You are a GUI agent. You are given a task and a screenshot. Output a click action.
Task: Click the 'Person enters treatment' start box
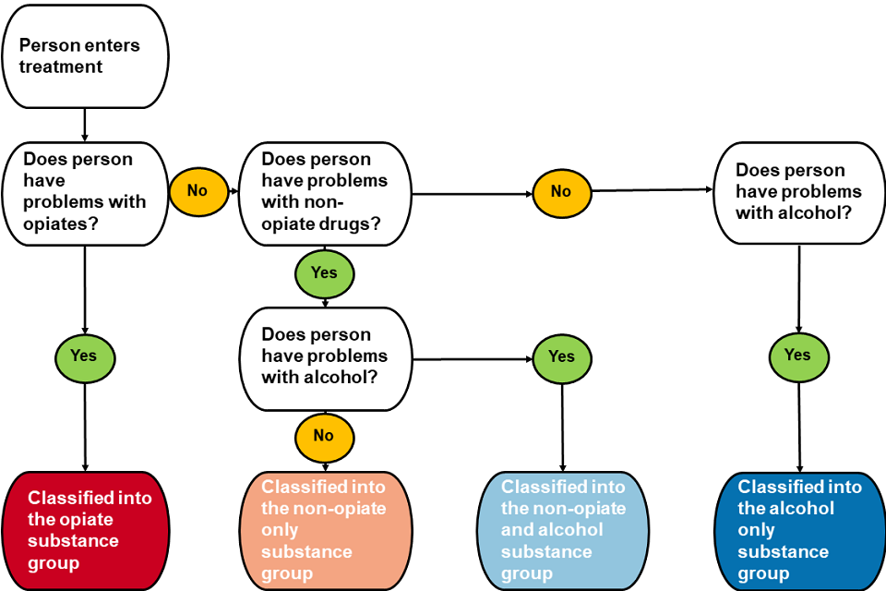click(86, 55)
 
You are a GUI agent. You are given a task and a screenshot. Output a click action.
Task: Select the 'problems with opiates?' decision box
click(86, 193)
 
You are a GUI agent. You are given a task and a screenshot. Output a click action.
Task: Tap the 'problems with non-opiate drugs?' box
click(324, 193)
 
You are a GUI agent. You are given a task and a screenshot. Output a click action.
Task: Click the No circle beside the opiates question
click(197, 191)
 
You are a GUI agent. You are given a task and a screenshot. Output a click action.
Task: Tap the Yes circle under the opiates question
click(85, 356)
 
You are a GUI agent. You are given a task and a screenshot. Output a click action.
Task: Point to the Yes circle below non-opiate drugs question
click(324, 272)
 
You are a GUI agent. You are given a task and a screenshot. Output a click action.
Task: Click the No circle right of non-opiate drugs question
click(561, 191)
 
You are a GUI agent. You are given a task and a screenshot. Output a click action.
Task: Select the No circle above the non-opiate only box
click(323, 435)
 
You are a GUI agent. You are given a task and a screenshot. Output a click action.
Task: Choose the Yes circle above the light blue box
click(561, 356)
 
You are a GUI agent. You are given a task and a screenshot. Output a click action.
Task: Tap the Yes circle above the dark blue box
click(797, 355)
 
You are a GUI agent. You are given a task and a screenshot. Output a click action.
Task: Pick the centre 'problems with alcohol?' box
click(324, 357)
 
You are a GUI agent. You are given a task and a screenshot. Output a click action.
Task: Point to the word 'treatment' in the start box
click(61, 66)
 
